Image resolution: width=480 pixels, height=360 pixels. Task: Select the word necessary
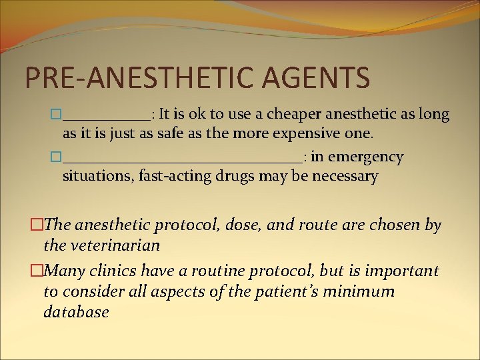coord(345,177)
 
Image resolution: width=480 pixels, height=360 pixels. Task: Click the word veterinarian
coord(101,245)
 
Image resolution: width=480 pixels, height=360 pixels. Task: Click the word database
coord(76,312)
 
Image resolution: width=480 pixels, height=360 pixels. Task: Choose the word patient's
coord(294,291)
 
